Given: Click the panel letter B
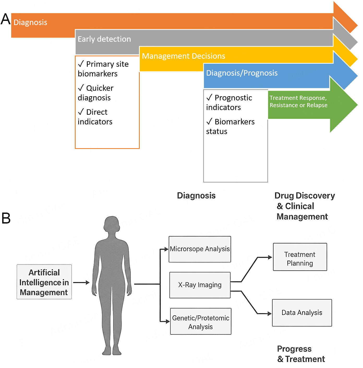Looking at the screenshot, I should point(6,218).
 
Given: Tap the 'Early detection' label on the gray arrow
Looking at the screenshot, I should point(104,39).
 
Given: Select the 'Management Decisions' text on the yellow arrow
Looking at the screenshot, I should point(183,56).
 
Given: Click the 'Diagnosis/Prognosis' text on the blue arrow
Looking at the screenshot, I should point(242,73).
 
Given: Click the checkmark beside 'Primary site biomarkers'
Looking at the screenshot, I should point(81,64).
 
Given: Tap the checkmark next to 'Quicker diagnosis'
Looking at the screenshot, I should point(81,88).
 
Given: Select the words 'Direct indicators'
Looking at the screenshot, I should point(95,117).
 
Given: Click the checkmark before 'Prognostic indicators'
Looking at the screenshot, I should point(209,97).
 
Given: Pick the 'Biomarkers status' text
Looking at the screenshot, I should point(230,126).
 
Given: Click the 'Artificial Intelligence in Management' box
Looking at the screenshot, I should point(44,282).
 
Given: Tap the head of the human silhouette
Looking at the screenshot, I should point(112,224).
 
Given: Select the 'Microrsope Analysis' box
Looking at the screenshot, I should point(200,249).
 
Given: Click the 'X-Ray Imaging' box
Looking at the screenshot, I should point(200,285).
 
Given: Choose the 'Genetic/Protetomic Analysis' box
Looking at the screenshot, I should point(201,322).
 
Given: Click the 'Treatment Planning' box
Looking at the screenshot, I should point(300,257).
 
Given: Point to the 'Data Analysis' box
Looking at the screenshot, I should point(302,313).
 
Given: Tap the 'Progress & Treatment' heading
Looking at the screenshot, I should point(301,354).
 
